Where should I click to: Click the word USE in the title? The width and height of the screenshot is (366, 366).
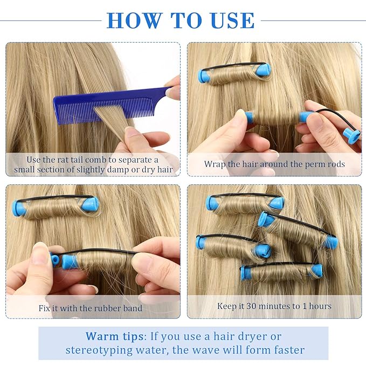point(231,20)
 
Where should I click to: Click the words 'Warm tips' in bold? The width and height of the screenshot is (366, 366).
point(114,336)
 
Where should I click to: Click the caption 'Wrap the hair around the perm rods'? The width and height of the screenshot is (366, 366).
point(274,163)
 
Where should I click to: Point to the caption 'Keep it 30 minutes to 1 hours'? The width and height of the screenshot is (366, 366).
point(274,306)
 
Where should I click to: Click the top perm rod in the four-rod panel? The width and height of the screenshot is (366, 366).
point(245,203)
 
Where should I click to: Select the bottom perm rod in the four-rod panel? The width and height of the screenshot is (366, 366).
point(281,271)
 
